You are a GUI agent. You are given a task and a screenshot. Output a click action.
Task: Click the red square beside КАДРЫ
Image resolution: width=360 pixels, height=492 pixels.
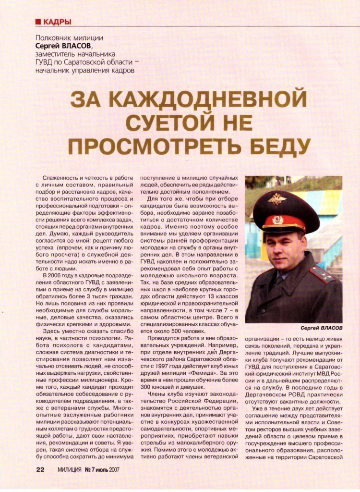click(x=38, y=22)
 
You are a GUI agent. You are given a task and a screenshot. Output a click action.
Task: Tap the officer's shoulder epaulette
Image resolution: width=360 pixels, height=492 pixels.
click(x=322, y=275)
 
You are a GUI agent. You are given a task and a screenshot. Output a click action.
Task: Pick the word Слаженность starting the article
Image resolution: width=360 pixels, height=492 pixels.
click(x=62, y=178)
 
